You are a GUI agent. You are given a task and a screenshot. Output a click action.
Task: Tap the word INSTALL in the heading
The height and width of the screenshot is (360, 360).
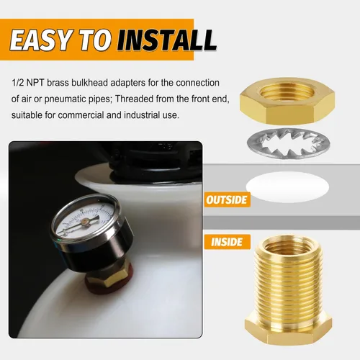[x=167, y=40]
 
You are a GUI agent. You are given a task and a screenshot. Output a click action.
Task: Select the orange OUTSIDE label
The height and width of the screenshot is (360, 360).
[x=227, y=199]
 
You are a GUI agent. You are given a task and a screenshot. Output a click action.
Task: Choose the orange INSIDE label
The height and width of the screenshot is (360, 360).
[x=227, y=242]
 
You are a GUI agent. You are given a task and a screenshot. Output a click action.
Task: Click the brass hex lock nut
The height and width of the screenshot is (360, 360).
[x=287, y=101]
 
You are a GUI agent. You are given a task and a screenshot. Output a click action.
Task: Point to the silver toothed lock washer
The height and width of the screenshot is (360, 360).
[x=289, y=144]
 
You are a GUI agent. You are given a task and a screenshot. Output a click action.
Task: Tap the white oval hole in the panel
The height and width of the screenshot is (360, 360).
[x=287, y=186]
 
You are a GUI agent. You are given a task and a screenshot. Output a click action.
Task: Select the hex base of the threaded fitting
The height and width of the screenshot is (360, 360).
[x=288, y=330]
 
